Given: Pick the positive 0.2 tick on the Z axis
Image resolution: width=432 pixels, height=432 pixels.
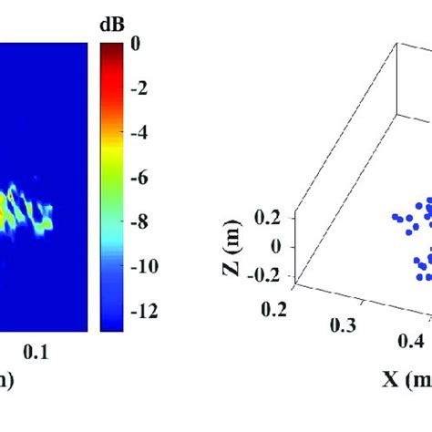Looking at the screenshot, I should click(275, 216).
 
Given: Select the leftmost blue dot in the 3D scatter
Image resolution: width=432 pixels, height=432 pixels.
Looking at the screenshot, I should click(396, 217).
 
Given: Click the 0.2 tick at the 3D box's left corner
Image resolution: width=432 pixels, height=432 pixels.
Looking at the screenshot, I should click(273, 311).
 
